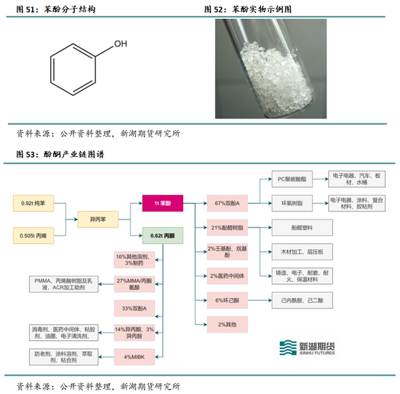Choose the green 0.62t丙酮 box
162,236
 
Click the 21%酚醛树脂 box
227,228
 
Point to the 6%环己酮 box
227,299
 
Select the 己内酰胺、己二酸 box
301,299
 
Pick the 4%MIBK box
133,355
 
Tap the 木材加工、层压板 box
301,252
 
